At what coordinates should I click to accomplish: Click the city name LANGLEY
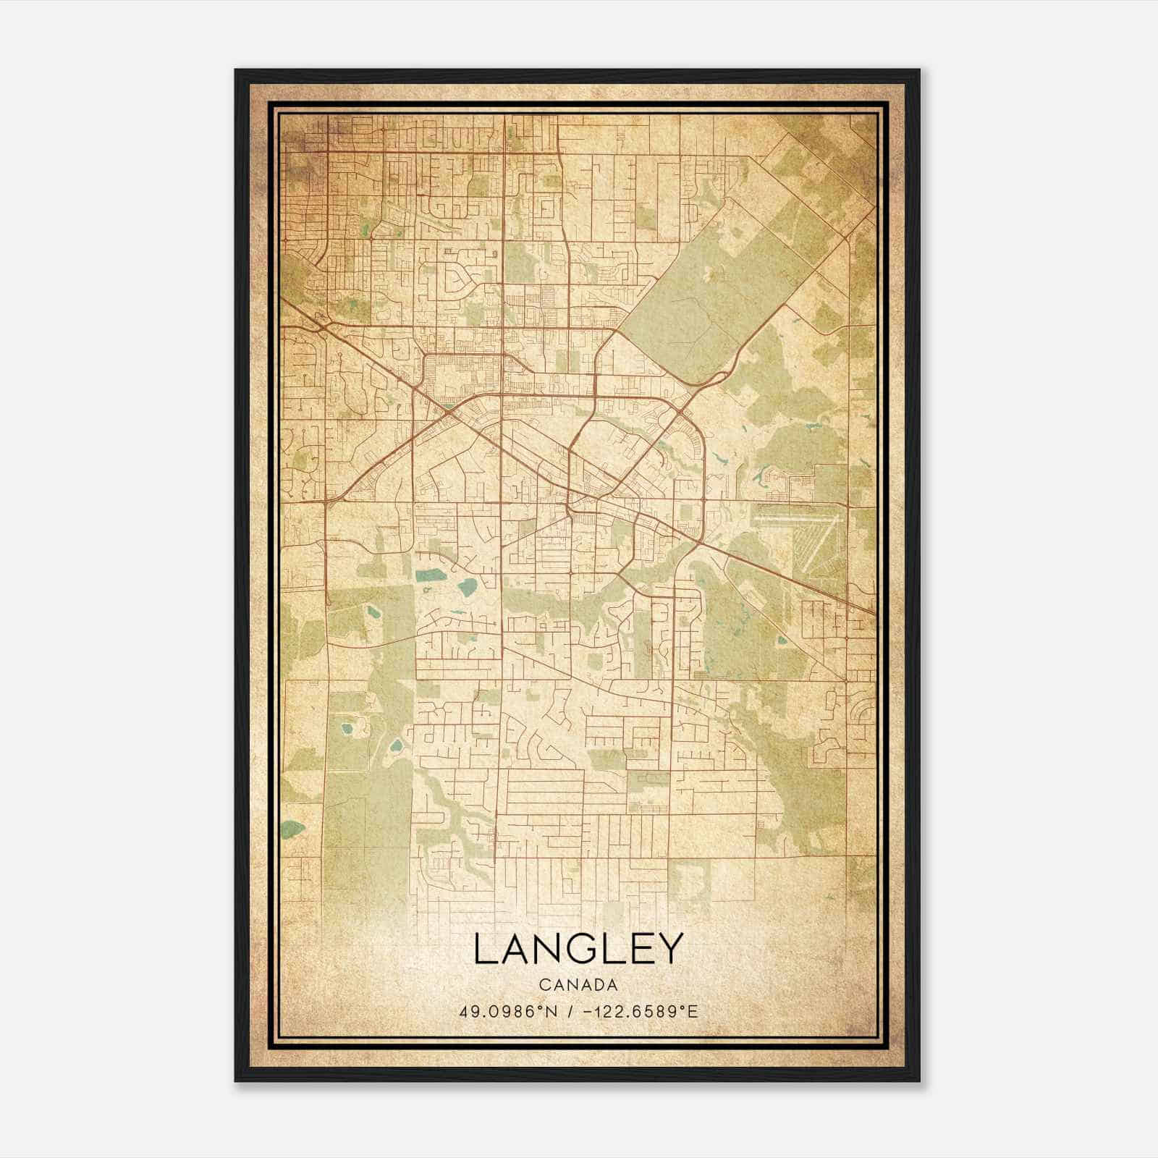578,949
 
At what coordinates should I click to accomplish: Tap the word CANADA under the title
578,985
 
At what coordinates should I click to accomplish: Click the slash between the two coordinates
572,1011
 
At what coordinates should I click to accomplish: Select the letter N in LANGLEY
551,949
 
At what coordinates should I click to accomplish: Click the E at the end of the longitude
693,1011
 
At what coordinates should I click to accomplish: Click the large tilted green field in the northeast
695,304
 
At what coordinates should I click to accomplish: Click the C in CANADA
543,985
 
